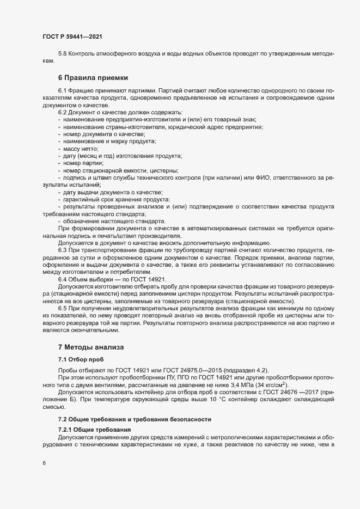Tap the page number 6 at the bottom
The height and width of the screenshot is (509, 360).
pos(45,463)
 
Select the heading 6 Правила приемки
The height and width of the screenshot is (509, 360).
pos(93,78)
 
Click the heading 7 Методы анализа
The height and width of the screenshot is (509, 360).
pos(91,347)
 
